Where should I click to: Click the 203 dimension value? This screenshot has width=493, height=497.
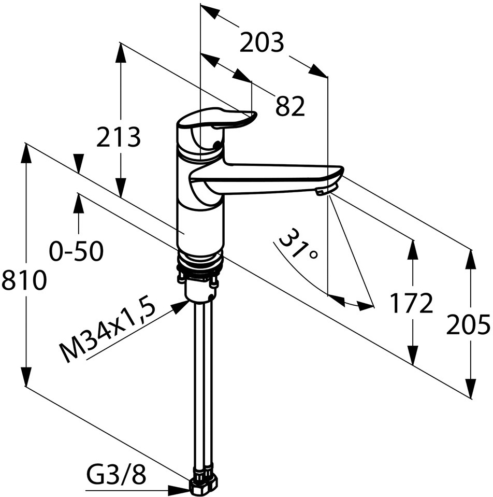click(x=262, y=42)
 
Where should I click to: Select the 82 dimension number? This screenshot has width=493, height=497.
click(x=290, y=106)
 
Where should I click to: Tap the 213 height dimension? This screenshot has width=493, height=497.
click(x=119, y=137)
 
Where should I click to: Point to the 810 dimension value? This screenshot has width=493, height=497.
click(x=24, y=280)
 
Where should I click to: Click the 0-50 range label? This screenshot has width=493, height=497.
click(x=77, y=251)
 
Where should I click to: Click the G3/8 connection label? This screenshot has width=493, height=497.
click(x=116, y=475)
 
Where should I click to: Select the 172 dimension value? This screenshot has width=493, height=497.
click(x=411, y=303)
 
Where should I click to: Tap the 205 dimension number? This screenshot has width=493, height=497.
click(x=468, y=325)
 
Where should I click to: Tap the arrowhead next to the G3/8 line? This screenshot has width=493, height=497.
click(x=179, y=490)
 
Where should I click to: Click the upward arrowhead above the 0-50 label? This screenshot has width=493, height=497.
click(x=79, y=203)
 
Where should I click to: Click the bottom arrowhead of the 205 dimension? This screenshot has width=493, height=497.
click(x=471, y=388)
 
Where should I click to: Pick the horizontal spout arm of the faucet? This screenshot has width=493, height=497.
click(x=266, y=179)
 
